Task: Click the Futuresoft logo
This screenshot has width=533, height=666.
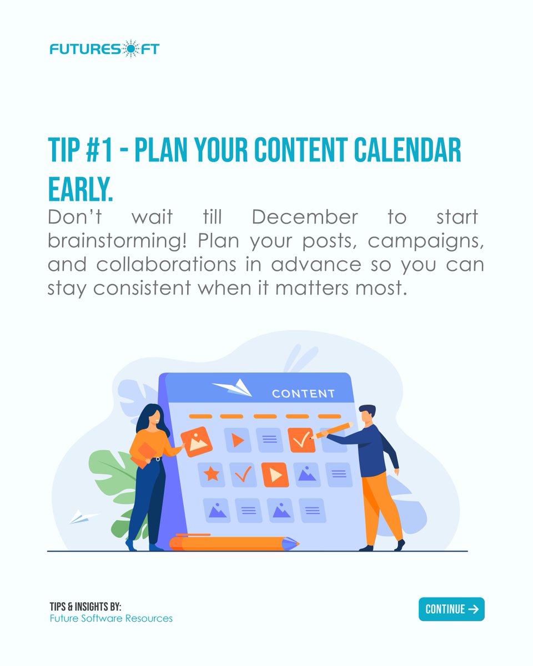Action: (104, 49)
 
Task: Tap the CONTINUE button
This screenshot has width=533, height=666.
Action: (451, 609)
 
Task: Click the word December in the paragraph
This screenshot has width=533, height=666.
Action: (305, 217)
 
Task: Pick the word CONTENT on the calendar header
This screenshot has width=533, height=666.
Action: (303, 394)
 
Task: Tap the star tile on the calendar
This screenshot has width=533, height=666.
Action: (211, 475)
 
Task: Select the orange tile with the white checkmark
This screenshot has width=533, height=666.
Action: (301, 440)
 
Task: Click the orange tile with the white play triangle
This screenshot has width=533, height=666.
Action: (275, 475)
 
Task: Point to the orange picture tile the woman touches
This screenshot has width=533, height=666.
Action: (197, 441)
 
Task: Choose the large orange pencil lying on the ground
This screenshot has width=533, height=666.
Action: (233, 542)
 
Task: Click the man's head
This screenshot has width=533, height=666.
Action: (366, 413)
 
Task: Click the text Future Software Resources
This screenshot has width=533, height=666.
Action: (110, 618)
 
